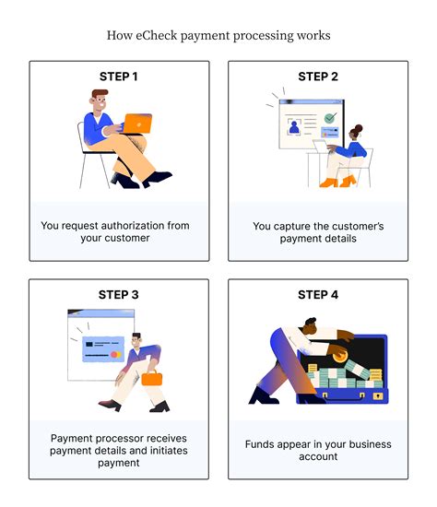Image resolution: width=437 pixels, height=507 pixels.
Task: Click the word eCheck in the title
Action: pyautogui.click(x=157, y=35)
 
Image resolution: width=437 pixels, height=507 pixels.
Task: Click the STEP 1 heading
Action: pyautogui.click(x=119, y=77)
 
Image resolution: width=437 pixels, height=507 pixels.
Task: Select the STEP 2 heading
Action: pyautogui.click(x=318, y=77)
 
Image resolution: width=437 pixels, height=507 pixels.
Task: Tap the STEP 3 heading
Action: pyautogui.click(x=118, y=295)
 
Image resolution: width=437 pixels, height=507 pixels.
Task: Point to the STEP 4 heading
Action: pyautogui.click(x=318, y=295)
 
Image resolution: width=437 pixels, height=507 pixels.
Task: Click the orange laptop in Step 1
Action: pyautogui.click(x=137, y=124)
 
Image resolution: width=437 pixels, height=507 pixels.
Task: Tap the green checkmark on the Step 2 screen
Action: pyautogui.click(x=330, y=118)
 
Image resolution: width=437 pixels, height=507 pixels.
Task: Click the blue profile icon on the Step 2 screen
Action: pyautogui.click(x=294, y=127)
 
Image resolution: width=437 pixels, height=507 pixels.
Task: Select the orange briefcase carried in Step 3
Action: pyautogui.click(x=152, y=378)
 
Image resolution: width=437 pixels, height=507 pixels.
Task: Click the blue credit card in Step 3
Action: pyautogui.click(x=103, y=348)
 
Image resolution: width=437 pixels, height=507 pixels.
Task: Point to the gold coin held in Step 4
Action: pyautogui.click(x=340, y=357)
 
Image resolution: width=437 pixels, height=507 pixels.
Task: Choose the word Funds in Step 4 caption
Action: pyautogui.click(x=257, y=444)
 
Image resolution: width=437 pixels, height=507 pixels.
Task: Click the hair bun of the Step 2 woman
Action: pyautogui.click(x=359, y=128)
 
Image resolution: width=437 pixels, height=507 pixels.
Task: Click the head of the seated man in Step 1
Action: pyautogui.click(x=99, y=100)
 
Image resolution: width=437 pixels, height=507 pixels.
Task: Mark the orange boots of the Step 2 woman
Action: pyautogui.click(x=338, y=182)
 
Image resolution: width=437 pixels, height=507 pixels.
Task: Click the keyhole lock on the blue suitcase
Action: pyautogui.click(x=377, y=396)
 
